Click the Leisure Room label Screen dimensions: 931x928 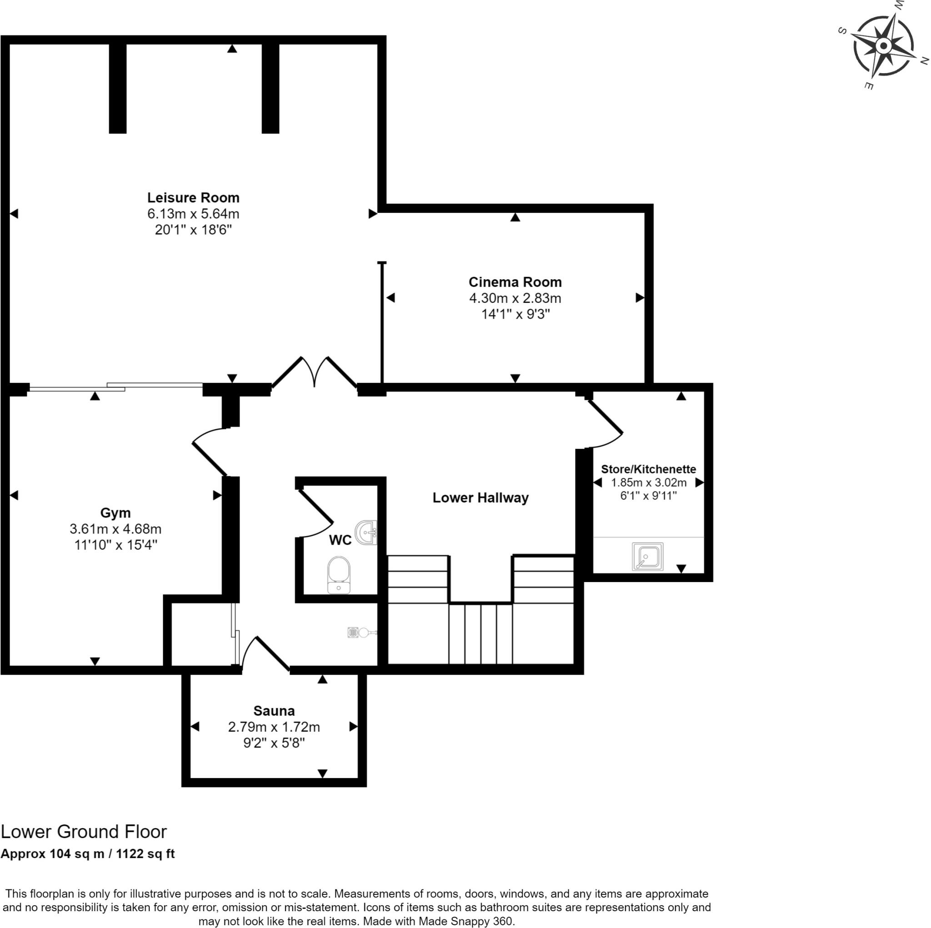(193, 198)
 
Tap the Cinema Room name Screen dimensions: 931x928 (515, 282)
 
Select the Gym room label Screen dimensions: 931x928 (115, 513)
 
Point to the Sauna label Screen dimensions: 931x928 (274, 711)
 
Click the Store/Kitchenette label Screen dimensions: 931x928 (649, 469)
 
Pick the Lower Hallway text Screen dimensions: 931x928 (481, 497)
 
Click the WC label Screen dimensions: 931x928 (340, 540)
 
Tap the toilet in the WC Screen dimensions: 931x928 (338, 575)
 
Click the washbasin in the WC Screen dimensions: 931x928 (366, 533)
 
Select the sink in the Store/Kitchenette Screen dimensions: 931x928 (648, 557)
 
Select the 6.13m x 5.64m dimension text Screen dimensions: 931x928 (193, 214)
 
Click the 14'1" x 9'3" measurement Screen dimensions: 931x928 (515, 314)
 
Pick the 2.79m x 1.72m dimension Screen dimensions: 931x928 (274, 727)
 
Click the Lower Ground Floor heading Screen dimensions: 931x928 (84, 832)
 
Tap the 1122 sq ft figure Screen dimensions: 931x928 (145, 854)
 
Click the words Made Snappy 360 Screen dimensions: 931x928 (467, 921)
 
